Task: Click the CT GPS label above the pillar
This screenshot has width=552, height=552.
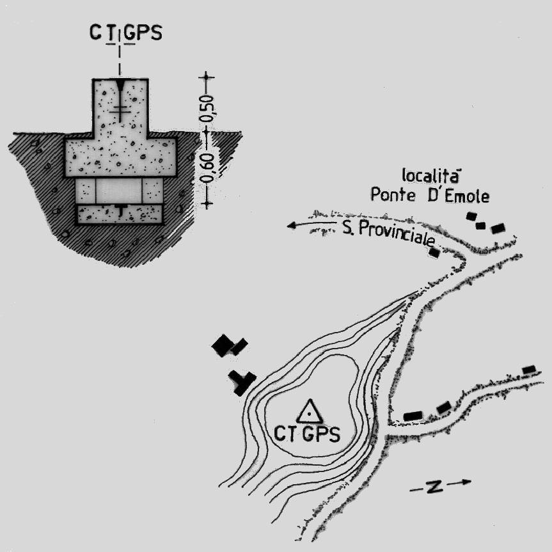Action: click(125, 33)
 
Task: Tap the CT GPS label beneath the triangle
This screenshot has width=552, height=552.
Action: click(308, 434)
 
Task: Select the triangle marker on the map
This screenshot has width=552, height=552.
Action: click(310, 411)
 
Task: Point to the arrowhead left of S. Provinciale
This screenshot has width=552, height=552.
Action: click(292, 225)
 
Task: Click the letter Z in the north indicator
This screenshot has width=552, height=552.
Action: click(434, 487)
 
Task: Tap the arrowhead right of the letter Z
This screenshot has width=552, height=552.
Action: click(467, 482)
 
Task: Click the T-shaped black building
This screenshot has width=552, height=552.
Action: click(241, 382)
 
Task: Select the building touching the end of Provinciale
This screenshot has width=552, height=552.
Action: click(434, 253)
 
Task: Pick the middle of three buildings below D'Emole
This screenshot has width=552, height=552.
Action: click(481, 225)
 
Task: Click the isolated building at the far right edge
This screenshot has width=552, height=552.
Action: click(528, 370)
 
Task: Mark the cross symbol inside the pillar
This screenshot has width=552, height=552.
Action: click(120, 112)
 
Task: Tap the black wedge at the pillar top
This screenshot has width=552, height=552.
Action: click(120, 86)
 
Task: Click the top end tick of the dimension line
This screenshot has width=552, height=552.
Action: click(207, 78)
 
